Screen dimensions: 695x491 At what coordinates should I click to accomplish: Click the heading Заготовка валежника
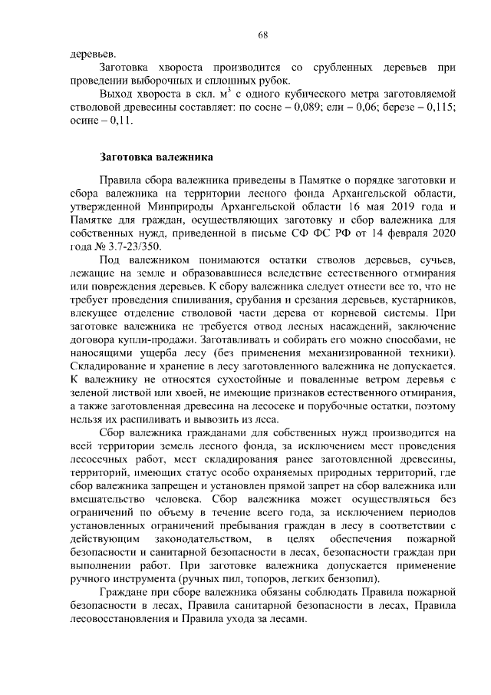coord(157,157)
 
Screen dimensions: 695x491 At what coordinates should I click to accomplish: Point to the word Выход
coord(119,93)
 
